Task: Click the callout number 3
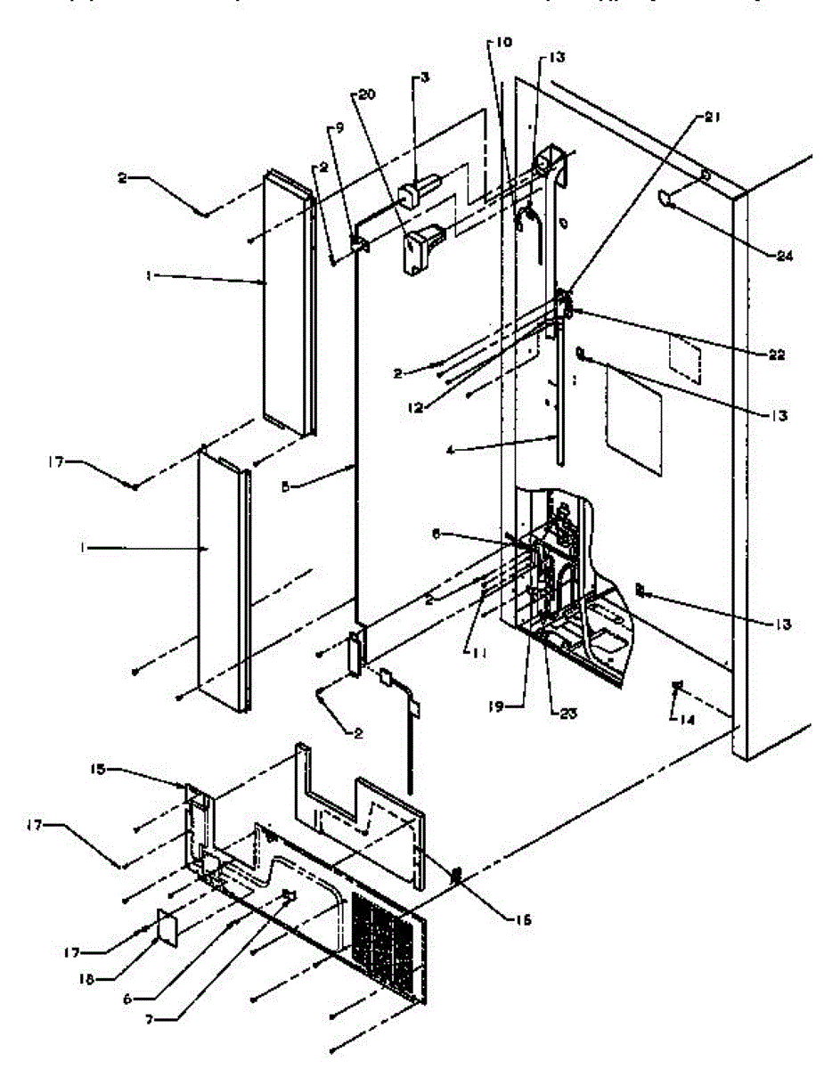tap(425, 78)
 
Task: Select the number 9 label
tap(336, 127)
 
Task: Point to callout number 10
tap(504, 42)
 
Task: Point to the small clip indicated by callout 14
tap(679, 685)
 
